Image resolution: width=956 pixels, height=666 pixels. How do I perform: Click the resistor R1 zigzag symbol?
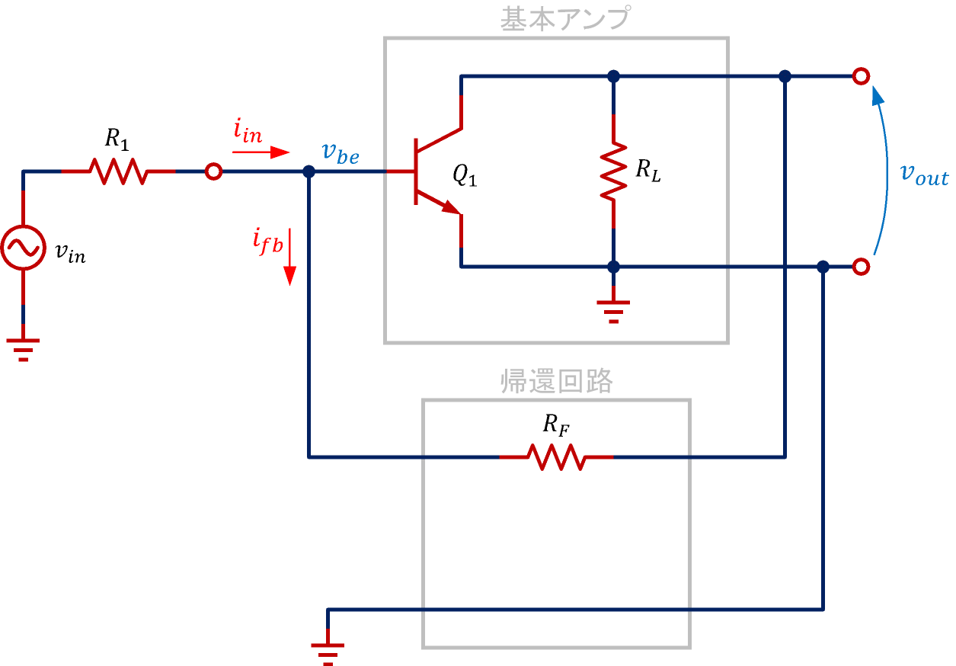tap(118, 171)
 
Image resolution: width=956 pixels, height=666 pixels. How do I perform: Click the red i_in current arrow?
tap(261, 152)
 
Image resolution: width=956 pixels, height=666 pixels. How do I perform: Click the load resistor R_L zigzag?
tap(613, 171)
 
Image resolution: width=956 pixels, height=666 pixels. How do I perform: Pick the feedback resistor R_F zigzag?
tap(556, 457)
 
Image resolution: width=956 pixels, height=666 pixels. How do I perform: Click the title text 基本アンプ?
tap(564, 19)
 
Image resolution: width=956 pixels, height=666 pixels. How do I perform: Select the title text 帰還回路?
tap(556, 381)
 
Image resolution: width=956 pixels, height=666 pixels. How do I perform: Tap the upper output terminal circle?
tap(861, 76)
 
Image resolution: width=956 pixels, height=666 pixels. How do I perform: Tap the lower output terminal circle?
tap(861, 267)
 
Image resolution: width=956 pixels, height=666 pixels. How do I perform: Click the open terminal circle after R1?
tap(213, 171)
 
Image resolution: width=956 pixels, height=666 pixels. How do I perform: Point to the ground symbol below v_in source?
tap(23, 347)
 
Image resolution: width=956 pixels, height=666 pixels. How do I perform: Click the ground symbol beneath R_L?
tap(613, 310)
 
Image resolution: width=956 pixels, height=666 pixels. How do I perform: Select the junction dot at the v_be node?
tap(309, 171)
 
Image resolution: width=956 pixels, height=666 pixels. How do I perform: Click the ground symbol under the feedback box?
tap(328, 652)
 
